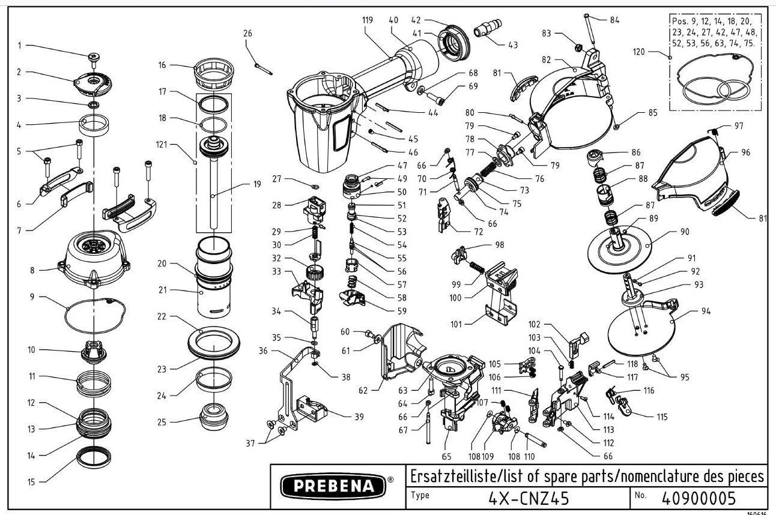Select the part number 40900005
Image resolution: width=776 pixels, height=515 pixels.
[698, 498]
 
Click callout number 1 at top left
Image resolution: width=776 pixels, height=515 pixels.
[19, 45]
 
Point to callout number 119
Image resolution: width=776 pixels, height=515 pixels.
[368, 20]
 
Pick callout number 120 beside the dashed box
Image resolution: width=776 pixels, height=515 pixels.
[655, 52]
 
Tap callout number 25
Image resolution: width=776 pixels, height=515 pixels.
[162, 422]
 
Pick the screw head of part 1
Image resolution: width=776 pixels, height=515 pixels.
[94, 57]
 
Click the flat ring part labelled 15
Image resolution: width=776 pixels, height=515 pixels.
[95, 459]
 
